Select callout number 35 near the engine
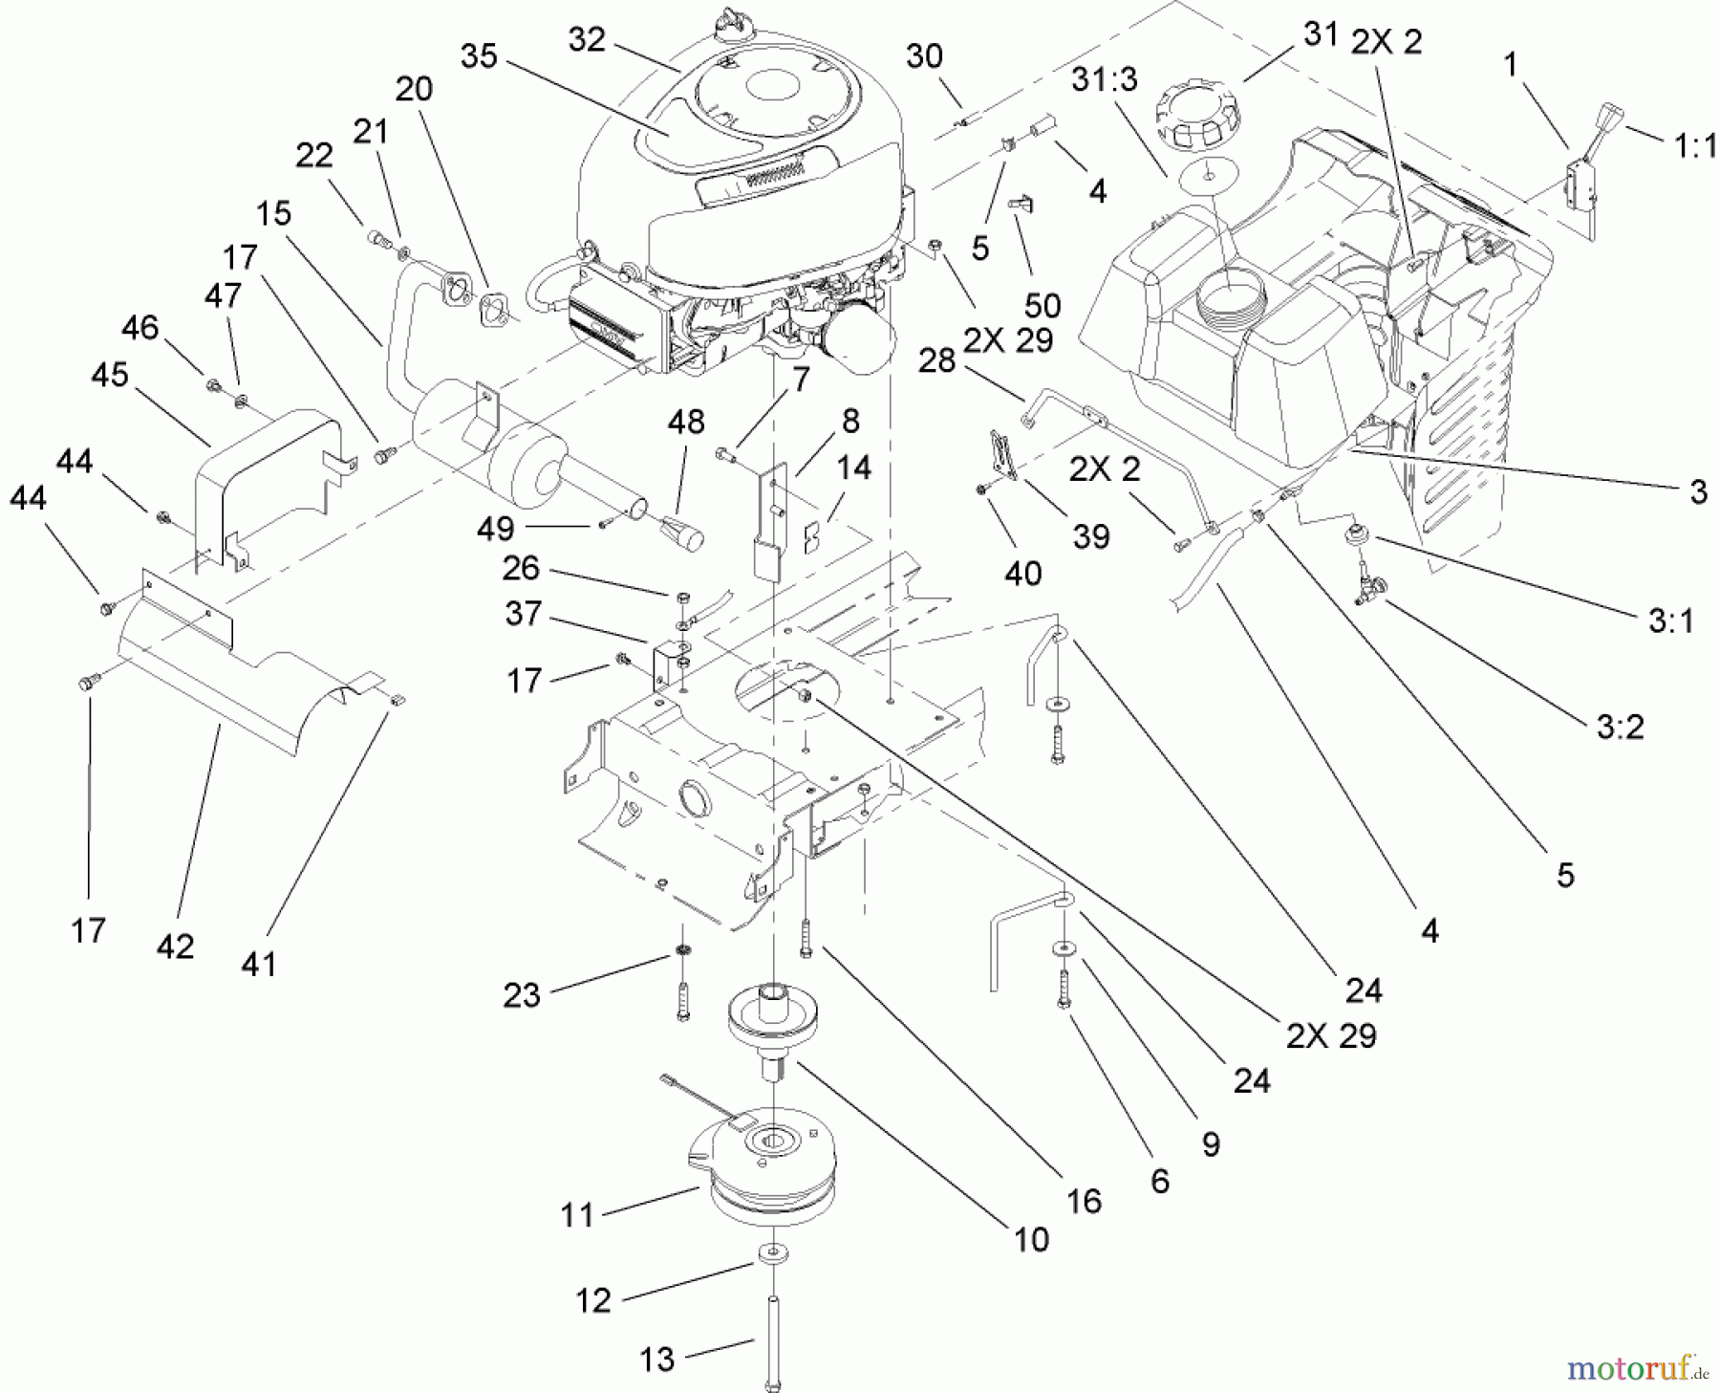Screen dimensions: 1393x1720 click(479, 56)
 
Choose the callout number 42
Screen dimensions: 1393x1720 click(175, 947)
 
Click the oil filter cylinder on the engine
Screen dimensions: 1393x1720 click(860, 352)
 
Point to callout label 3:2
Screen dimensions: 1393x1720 click(1620, 728)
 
